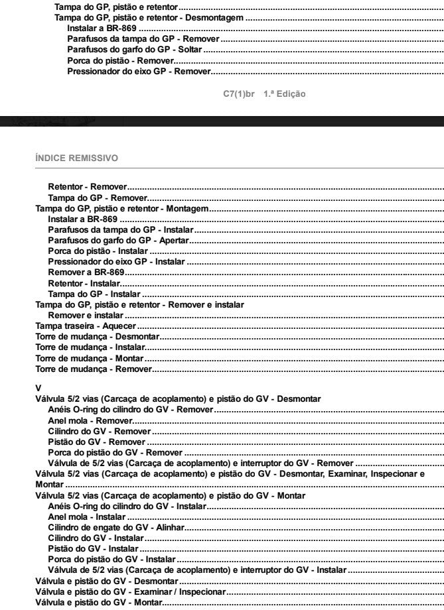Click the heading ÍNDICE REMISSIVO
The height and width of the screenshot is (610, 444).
(x=76, y=158)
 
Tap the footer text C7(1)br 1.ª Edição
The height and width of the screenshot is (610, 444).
(x=264, y=94)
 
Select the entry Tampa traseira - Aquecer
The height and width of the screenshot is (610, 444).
(x=86, y=326)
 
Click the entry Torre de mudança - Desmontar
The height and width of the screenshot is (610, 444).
(x=98, y=337)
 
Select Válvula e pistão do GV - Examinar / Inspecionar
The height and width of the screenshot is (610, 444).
(x=131, y=591)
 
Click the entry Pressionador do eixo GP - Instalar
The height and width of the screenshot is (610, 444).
(x=116, y=262)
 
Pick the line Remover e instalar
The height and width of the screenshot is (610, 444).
(x=86, y=316)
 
